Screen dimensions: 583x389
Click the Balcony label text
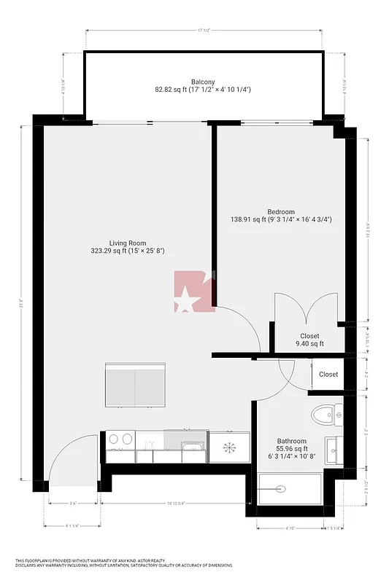point(203,82)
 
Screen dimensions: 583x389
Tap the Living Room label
point(128,243)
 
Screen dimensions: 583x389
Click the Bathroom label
point(291,441)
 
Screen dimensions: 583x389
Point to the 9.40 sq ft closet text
point(309,344)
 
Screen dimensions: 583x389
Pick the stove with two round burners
point(120,439)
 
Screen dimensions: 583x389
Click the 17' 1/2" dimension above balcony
point(204,30)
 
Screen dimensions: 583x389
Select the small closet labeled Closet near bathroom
point(328,375)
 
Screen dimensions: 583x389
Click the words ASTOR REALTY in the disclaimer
point(153,560)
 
